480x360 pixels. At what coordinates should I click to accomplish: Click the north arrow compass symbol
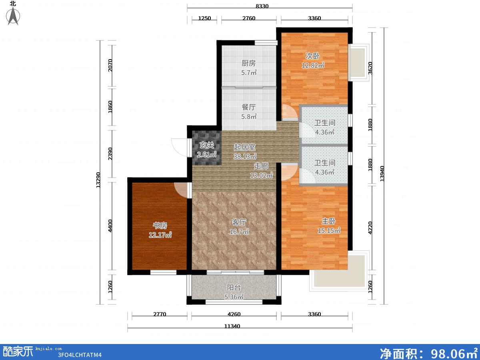coord(13,16)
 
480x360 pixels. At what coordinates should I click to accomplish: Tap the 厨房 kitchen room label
coord(248,63)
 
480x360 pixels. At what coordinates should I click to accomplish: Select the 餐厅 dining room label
coord(248,107)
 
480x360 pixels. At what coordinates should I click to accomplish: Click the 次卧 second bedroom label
coord(312,56)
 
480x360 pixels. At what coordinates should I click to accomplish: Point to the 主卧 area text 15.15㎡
coord(329,231)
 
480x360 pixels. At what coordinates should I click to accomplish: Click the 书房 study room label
coord(160,225)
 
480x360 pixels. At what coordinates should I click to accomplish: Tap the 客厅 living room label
coord(239,222)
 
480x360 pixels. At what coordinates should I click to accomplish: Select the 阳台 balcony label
coord(234,288)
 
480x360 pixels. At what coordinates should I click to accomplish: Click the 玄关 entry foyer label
coord(207,145)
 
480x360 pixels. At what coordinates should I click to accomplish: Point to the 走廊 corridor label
coord(261,166)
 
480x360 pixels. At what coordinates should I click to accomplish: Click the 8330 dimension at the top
coord(262,6)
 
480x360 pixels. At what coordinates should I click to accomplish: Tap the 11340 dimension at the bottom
coord(232,326)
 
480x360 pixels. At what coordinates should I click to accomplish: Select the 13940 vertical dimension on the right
coord(382,174)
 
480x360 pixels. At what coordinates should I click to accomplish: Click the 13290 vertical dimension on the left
coord(98,180)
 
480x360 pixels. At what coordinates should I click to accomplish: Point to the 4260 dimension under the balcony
coord(234,314)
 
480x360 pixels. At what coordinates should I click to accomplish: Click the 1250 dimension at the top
coord(204,18)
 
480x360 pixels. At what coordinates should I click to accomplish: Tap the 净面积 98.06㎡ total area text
coord(428,353)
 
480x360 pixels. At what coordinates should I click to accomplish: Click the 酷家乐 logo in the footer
coord(18,352)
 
